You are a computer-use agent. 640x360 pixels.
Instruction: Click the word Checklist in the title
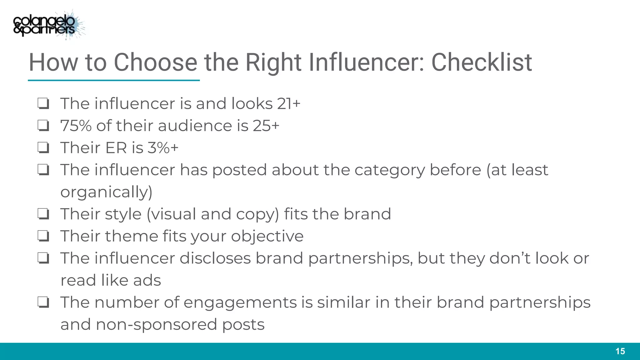482,62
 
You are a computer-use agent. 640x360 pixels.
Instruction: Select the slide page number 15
620,351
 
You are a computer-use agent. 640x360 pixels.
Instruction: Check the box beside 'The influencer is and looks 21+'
43,103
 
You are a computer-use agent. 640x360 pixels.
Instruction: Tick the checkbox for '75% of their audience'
43,126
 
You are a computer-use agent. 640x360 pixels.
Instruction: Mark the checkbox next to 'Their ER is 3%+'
43,147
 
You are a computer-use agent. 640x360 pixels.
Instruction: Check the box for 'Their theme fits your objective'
43,236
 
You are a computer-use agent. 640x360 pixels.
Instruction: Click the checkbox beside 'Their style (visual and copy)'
43,214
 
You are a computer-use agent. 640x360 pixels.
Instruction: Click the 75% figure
76,126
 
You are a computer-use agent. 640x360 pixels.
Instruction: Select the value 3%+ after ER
163,147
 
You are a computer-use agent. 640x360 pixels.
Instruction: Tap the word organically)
106,192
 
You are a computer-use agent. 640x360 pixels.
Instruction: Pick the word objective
267,236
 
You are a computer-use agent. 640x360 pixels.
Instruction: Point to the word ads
147,280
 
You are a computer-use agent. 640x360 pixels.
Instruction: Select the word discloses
215,258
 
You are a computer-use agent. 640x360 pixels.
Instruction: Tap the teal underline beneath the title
114,81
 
